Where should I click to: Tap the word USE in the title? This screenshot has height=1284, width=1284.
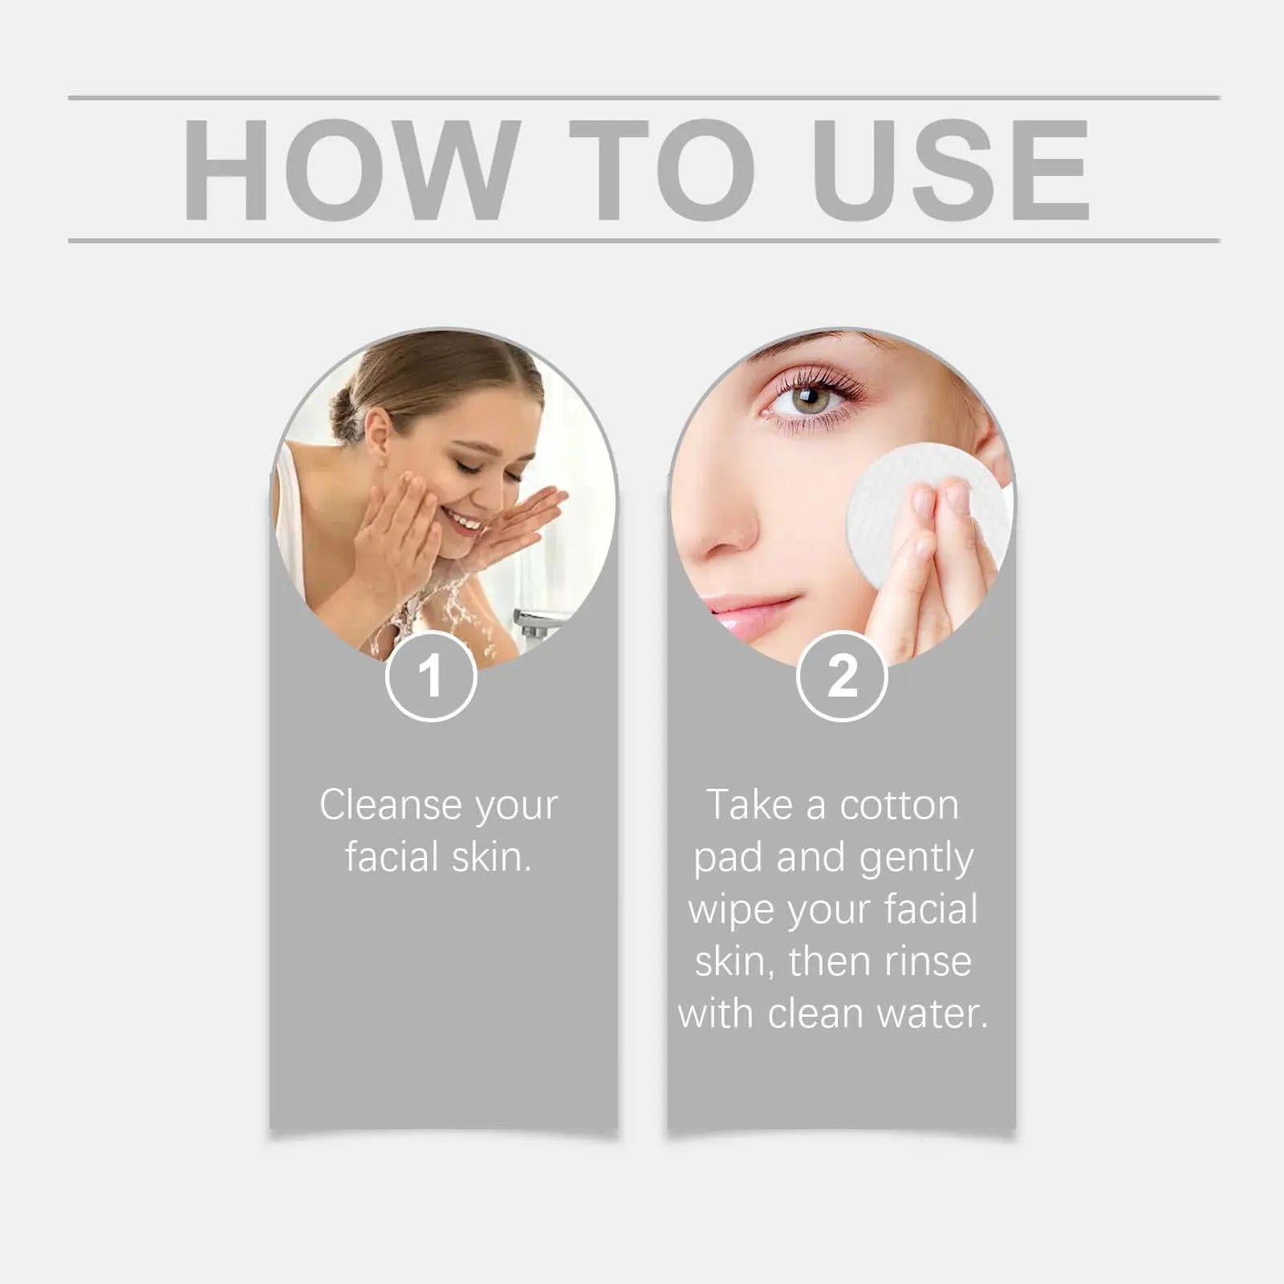coord(952,169)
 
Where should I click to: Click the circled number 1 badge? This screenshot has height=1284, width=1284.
coord(431,677)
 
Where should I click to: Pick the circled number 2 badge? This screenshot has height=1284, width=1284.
coord(842,677)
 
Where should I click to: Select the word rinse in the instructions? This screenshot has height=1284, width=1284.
coord(925,961)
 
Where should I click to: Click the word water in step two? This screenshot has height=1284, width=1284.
coord(932,1014)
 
